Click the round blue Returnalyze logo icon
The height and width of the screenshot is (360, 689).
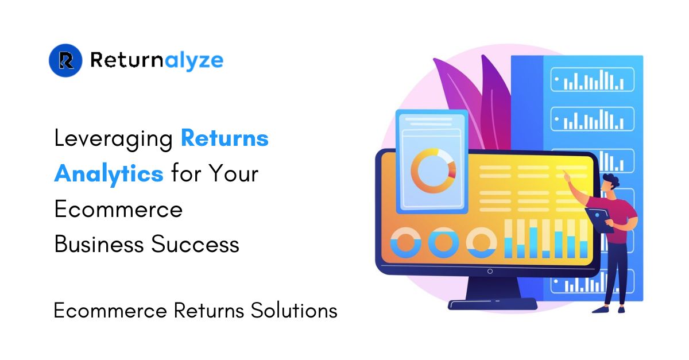(67, 60)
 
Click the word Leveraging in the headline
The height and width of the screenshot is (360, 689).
(114, 139)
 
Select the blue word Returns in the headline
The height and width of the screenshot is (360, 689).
(224, 138)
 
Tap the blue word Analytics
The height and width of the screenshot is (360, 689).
(109, 173)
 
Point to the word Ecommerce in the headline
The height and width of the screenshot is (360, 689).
(118, 209)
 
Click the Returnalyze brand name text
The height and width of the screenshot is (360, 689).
(157, 60)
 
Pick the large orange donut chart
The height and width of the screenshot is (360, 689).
(433, 170)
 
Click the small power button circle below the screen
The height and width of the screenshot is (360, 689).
(489, 271)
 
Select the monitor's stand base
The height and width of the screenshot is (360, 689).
(492, 303)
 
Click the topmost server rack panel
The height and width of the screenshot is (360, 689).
(593, 80)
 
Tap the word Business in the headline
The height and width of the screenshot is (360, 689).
(99, 245)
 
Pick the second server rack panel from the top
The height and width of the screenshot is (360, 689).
(593, 119)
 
